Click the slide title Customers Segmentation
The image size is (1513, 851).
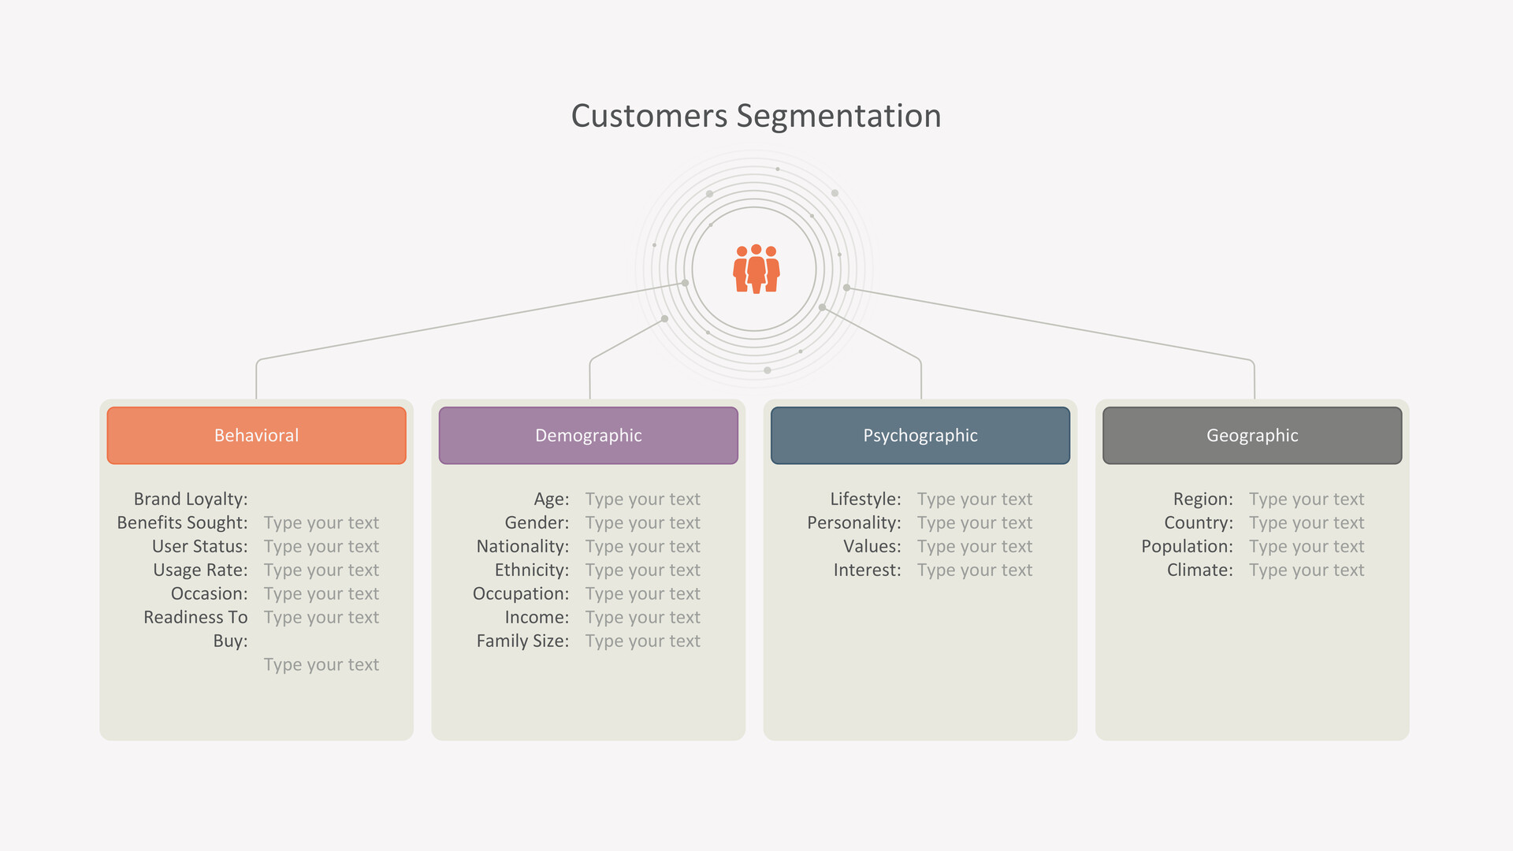point(756,116)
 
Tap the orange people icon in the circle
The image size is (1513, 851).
point(756,269)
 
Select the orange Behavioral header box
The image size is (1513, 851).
point(256,435)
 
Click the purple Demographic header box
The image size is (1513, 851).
point(589,435)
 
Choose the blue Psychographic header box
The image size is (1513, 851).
point(920,435)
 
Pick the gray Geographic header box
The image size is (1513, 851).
point(1252,435)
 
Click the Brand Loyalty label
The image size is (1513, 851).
point(191,499)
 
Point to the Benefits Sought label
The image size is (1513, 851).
point(182,522)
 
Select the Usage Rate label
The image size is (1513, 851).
point(200,570)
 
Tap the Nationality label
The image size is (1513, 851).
point(522,546)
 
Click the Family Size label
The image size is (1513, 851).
point(522,641)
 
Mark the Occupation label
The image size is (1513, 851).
point(521,593)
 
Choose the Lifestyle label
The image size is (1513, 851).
point(865,499)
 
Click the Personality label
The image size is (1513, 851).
point(854,522)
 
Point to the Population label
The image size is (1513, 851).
point(1187,546)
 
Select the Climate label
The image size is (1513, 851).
point(1200,570)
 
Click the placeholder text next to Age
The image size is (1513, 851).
point(642,499)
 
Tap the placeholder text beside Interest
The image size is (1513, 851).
point(975,570)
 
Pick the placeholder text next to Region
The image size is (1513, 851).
point(1307,499)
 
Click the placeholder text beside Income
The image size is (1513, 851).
point(642,617)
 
